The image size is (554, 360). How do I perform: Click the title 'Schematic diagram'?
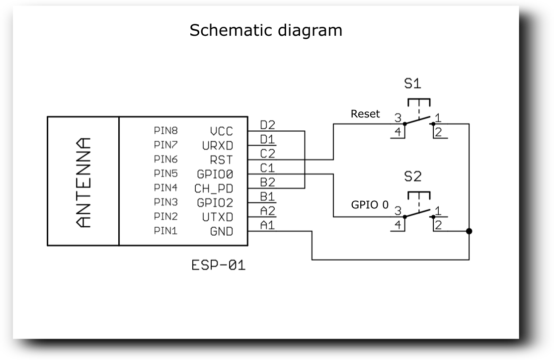click(x=266, y=30)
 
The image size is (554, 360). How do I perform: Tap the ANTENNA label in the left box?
click(x=83, y=181)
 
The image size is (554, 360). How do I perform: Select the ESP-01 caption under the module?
click(x=218, y=266)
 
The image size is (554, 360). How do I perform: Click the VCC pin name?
click(x=221, y=132)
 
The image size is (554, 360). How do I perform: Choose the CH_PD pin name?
click(x=214, y=189)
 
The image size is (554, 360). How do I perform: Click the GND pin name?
click(x=222, y=232)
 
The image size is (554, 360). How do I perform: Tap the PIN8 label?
click(x=166, y=131)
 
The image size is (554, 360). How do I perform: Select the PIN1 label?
click(x=166, y=231)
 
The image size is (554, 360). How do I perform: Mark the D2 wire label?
click(x=267, y=124)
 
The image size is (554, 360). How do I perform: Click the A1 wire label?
click(x=267, y=225)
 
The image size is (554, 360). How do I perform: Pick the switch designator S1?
click(x=413, y=84)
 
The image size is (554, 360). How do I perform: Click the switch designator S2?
click(x=413, y=177)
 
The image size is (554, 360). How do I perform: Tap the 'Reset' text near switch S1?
click(x=365, y=114)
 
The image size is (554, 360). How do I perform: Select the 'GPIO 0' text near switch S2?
click(x=370, y=204)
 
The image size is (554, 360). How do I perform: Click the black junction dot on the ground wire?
click(x=469, y=231)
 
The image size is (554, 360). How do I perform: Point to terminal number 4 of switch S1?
click(x=397, y=132)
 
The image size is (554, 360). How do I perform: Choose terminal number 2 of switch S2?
click(x=438, y=225)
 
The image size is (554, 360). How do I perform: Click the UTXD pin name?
click(x=217, y=217)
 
